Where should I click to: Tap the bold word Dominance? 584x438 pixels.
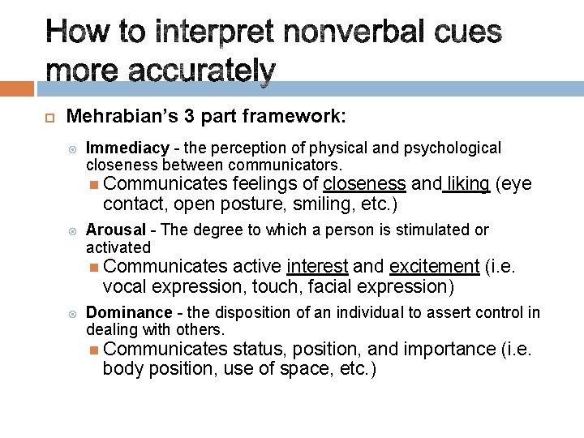(128, 312)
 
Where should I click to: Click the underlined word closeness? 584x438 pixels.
(364, 185)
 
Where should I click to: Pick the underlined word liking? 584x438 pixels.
(468, 185)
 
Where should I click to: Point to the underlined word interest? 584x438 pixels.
(317, 267)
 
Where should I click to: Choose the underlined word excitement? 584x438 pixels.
(435, 267)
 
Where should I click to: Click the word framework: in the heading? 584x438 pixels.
(299, 116)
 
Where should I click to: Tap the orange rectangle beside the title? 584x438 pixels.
(17, 88)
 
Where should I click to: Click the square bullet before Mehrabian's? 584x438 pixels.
(48, 118)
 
